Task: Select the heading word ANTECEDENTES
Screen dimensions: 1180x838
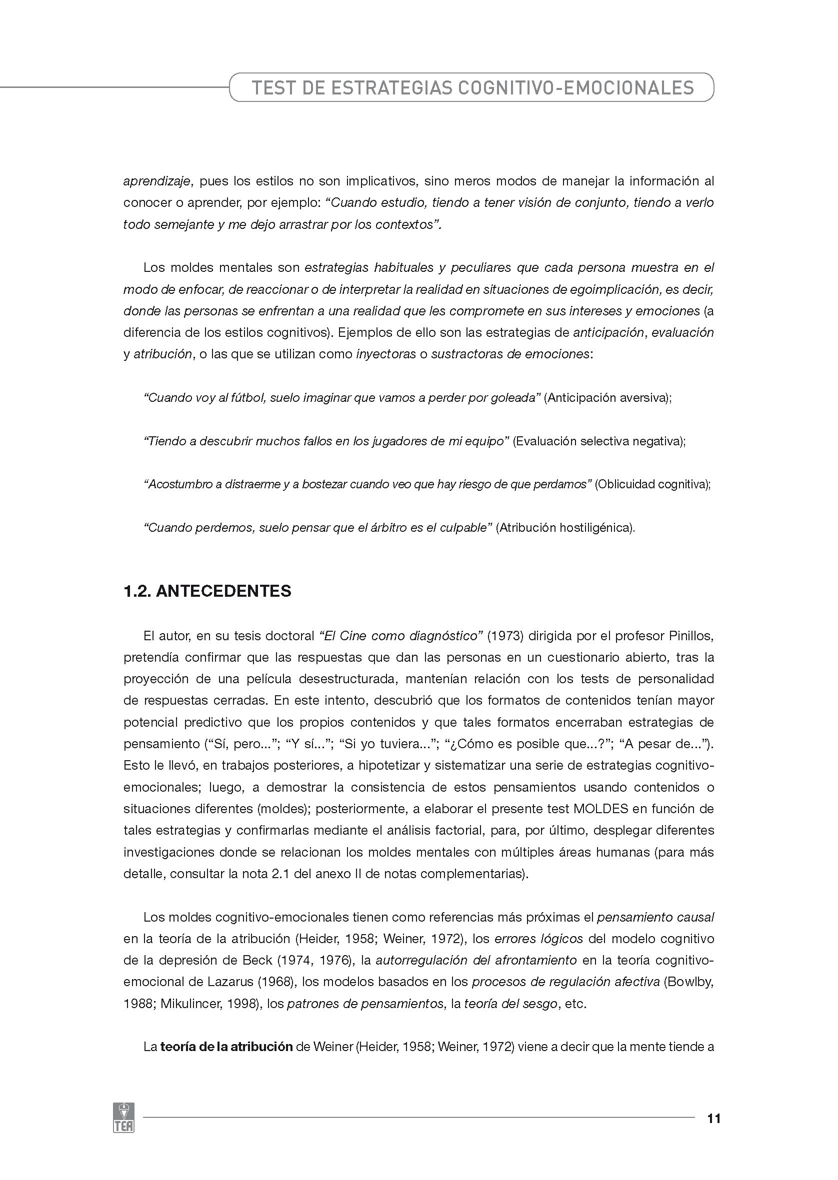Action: coord(223,591)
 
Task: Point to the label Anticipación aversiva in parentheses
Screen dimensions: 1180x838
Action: coord(607,398)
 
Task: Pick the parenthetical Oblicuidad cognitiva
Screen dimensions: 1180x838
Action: coord(653,484)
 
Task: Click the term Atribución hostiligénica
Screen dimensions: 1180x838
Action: coord(565,528)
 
